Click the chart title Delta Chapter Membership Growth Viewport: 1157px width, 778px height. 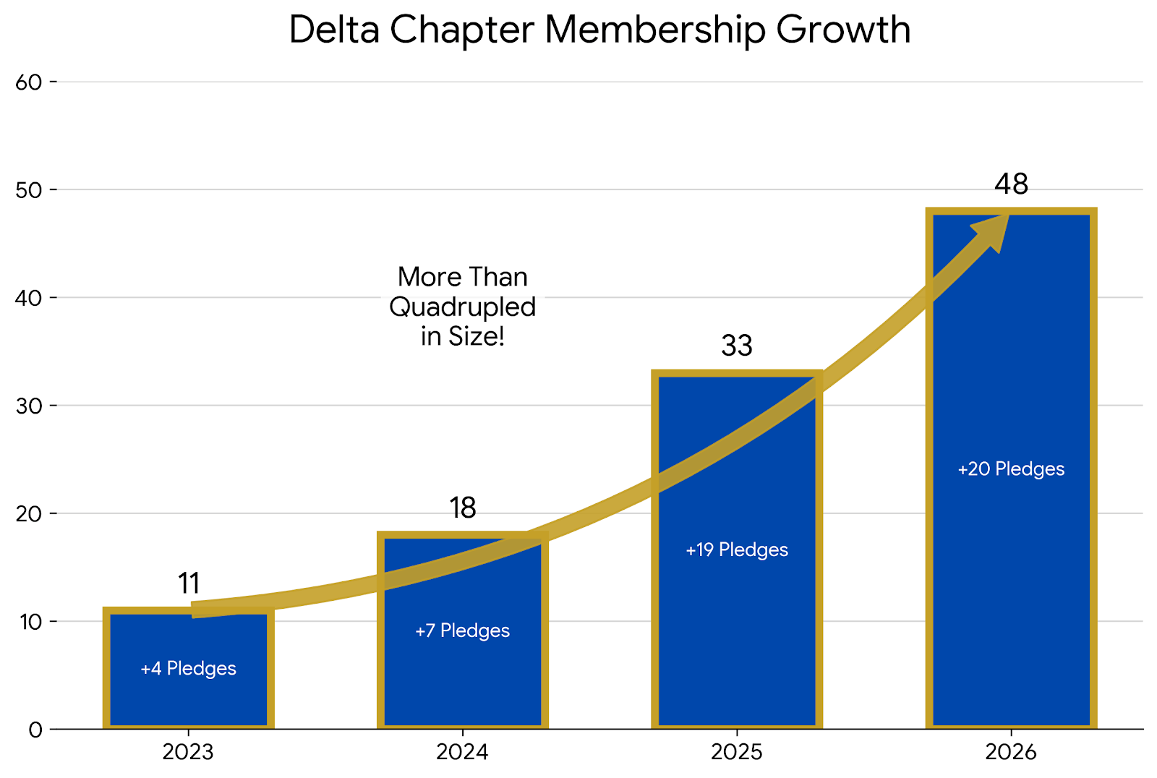coord(599,30)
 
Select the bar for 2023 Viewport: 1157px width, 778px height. coord(188,694)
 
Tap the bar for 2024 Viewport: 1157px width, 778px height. coord(463,672)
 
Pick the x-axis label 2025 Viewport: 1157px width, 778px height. coord(736,753)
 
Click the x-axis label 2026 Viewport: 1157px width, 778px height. coord(1011,753)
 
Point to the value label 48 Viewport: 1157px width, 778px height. coord(1011,185)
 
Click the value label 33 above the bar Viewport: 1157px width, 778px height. coord(737,346)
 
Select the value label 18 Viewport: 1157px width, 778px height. coord(463,508)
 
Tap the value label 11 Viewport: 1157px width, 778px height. coord(189,583)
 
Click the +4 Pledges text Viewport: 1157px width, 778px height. coord(188,669)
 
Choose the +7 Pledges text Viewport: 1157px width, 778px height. coord(463,631)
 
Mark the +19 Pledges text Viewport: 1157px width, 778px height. coord(737,550)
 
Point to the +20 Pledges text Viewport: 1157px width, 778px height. coord(1011,469)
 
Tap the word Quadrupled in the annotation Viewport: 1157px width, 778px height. coord(463,307)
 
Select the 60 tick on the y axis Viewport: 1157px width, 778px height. coord(29,82)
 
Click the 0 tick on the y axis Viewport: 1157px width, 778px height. coord(35,730)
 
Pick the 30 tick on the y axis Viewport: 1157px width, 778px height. coord(29,406)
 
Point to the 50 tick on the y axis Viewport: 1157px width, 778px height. coord(29,190)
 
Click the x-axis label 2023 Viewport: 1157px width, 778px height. coord(188,753)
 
